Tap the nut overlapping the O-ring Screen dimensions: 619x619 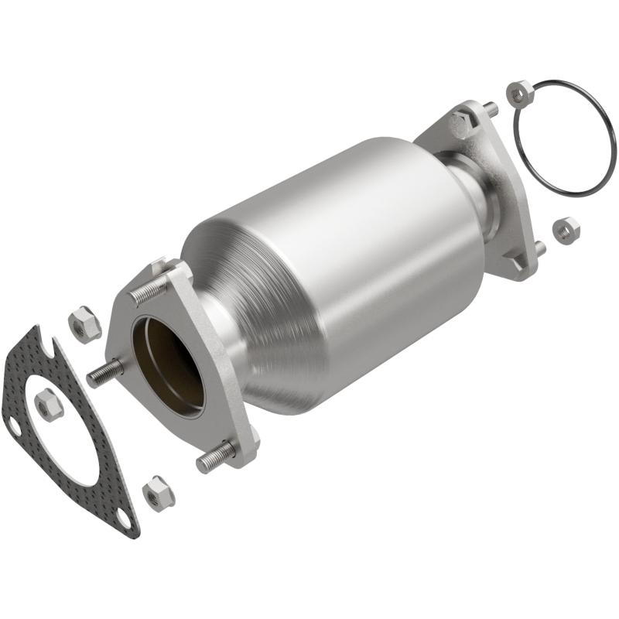(519, 94)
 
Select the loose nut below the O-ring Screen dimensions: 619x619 (566, 230)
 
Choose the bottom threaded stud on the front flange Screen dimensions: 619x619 (215, 459)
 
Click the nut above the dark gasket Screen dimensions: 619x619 (84, 323)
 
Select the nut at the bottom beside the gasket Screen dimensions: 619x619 (159, 493)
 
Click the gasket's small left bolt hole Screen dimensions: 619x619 (13, 423)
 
